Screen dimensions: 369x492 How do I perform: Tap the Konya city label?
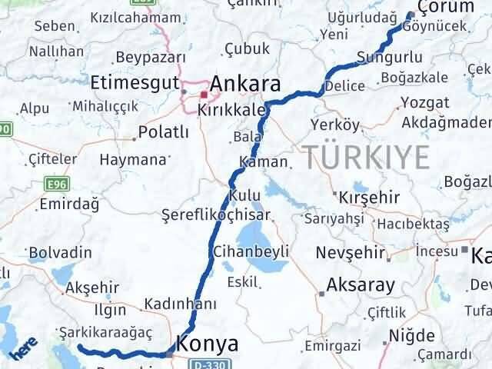point(207,343)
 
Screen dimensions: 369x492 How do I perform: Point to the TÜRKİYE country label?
point(365,157)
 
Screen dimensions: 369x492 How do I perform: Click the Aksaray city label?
point(361,284)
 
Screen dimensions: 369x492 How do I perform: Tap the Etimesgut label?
point(132,82)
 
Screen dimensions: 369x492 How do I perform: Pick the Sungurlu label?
point(389,58)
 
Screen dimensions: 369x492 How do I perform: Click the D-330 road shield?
point(208,362)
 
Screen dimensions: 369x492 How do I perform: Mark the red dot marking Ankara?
point(203,95)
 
